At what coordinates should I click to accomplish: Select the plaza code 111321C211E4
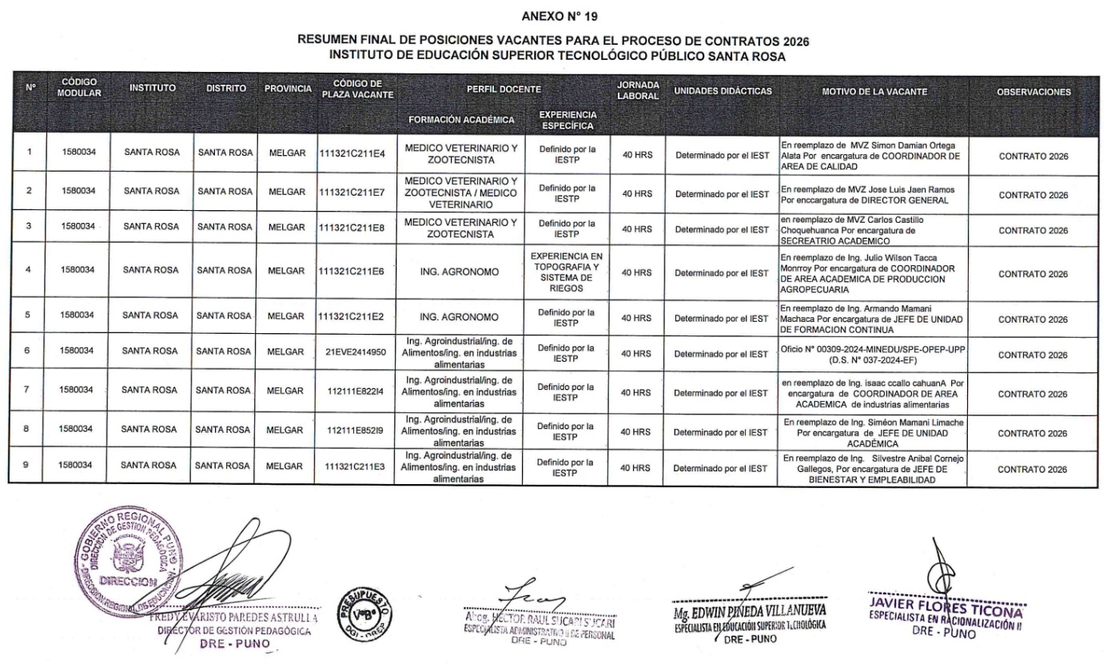(x=352, y=155)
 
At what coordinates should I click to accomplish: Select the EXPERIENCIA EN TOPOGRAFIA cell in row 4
(x=567, y=273)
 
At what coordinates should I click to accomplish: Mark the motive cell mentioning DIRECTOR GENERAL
(x=868, y=194)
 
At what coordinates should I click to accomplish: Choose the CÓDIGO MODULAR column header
(x=79, y=87)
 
